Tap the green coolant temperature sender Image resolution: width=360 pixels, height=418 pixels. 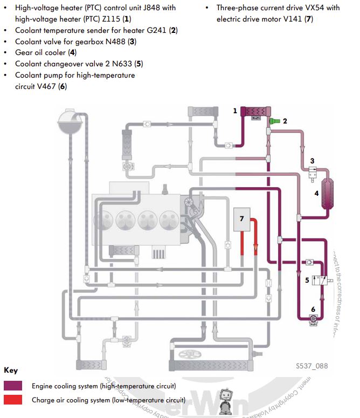click(274, 121)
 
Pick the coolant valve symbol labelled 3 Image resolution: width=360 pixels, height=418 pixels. click(311, 173)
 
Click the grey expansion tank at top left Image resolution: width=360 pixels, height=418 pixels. click(68, 122)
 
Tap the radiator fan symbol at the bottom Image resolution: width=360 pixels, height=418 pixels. click(188, 357)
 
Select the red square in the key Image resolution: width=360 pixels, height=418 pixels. click(13, 400)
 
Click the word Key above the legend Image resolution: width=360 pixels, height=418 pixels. click(11, 371)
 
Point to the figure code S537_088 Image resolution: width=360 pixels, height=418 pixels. click(311, 366)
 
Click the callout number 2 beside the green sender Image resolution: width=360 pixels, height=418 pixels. click(285, 120)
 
